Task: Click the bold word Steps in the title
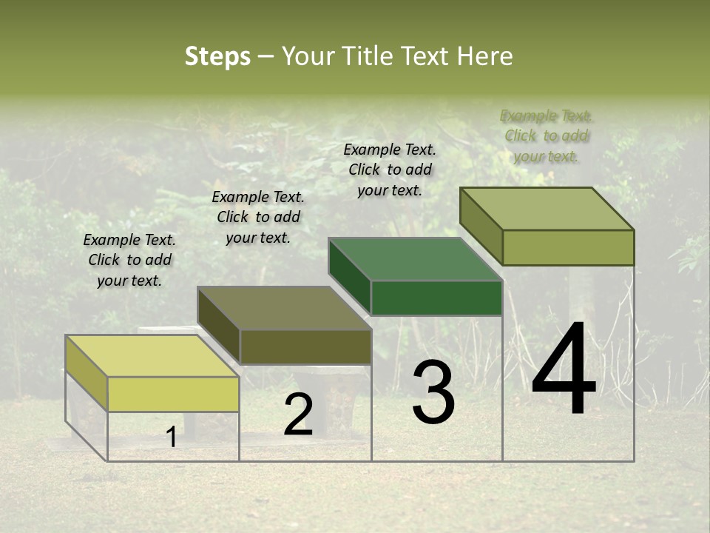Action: [217, 56]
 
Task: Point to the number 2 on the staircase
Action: [298, 415]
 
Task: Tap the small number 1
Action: [172, 438]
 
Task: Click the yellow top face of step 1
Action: [152, 356]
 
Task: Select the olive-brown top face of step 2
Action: [284, 308]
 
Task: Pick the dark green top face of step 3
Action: [415, 259]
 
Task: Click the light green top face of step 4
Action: [547, 209]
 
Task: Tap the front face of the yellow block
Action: [173, 394]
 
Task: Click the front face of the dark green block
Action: [436, 298]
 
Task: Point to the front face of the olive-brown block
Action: [305, 346]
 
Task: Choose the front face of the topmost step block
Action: [568, 247]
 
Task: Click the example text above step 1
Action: [129, 260]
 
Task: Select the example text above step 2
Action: [258, 217]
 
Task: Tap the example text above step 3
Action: [390, 170]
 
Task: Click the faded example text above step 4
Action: [547, 135]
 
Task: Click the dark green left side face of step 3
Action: [350, 276]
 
